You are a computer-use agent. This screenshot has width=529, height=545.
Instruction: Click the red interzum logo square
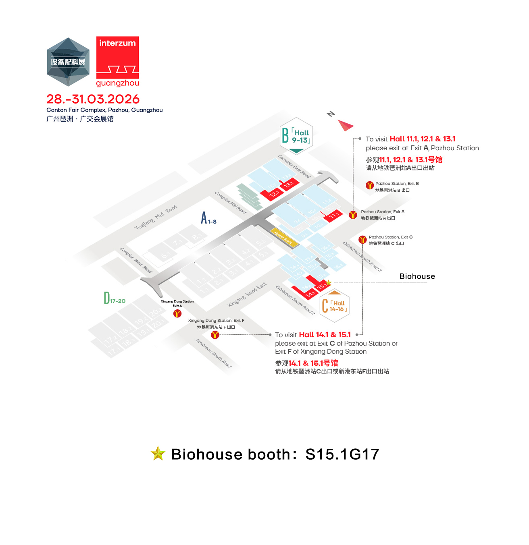click(x=117, y=57)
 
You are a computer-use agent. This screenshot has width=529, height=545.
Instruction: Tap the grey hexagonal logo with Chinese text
click(x=68, y=62)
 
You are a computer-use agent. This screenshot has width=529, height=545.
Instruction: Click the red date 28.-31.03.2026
click(x=93, y=99)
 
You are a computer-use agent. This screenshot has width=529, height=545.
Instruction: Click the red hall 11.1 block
click(x=333, y=215)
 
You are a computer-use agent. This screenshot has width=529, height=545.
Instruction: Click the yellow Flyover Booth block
click(x=283, y=238)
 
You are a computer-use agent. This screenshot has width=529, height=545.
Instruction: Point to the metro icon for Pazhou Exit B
click(x=370, y=185)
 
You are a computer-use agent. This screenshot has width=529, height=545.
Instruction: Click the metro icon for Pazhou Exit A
click(x=353, y=215)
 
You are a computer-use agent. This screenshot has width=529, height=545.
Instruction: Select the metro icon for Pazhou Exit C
click(x=362, y=240)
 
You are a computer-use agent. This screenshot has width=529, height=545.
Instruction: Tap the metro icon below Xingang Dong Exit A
click(x=177, y=313)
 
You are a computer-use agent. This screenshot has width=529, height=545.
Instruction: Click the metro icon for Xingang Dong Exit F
click(x=215, y=335)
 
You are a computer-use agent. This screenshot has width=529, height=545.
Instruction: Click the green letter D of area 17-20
click(x=107, y=298)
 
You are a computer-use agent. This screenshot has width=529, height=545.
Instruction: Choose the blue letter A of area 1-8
click(x=204, y=218)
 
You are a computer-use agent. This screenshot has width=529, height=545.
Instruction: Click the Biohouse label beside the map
click(x=417, y=276)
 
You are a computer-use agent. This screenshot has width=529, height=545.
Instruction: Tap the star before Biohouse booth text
click(x=158, y=454)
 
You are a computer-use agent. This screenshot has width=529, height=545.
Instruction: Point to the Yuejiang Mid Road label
click(x=155, y=218)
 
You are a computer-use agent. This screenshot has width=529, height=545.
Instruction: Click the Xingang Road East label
click(x=247, y=294)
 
